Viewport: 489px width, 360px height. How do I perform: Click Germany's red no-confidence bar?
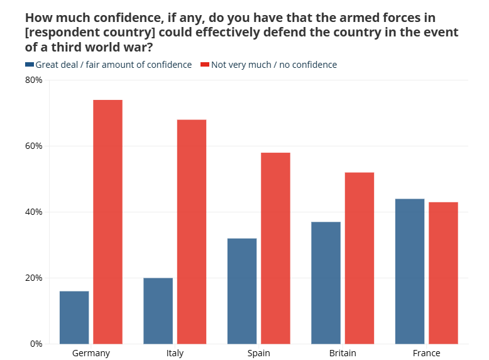coord(107,222)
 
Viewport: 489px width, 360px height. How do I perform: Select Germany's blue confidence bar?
coord(74,317)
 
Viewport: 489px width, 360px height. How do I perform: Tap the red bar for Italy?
coord(192,231)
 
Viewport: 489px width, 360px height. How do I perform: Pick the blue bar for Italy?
coord(158,310)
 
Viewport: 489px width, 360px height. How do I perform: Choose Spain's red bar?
coord(275,248)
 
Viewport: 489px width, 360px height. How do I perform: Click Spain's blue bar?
coord(242,291)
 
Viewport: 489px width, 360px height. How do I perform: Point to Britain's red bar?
coord(360,258)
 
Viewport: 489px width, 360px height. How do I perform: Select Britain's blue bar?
coord(326,283)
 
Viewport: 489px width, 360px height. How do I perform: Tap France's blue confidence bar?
coord(410,271)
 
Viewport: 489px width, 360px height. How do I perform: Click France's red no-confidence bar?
coord(443,273)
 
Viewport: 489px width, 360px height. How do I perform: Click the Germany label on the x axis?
coord(91,353)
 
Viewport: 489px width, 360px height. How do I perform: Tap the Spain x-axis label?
coord(258,353)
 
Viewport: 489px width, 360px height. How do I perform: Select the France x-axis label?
coord(426,353)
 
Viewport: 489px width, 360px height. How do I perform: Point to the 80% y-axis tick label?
coord(33,80)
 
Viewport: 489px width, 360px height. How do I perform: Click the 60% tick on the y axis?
coord(33,146)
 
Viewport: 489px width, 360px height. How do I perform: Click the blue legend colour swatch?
coord(30,65)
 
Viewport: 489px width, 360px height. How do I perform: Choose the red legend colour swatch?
coord(204,65)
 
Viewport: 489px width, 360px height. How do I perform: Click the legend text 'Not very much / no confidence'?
coord(274,65)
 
